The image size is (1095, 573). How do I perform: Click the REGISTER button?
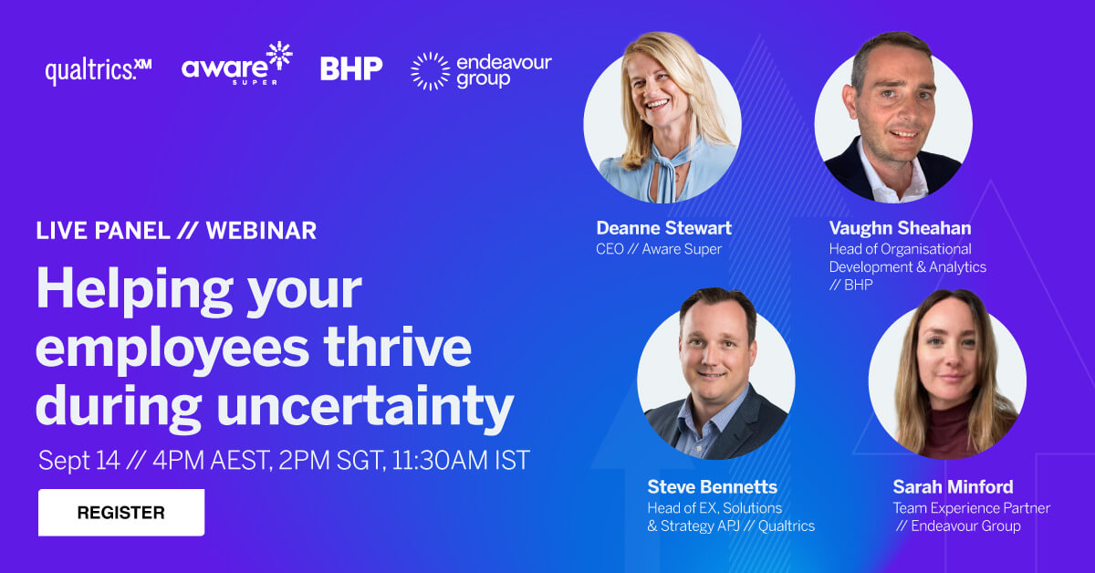(x=120, y=513)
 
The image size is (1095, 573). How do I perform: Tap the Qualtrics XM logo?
(x=98, y=70)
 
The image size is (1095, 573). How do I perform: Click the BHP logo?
(x=351, y=68)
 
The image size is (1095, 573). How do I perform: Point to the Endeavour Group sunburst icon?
(x=430, y=71)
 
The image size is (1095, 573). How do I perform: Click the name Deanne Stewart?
(x=663, y=228)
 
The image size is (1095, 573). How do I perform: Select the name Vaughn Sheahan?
(x=900, y=228)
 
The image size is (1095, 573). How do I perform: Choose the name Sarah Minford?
(x=953, y=486)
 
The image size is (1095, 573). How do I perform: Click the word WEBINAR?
(x=261, y=231)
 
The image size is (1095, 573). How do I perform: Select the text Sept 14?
(x=78, y=460)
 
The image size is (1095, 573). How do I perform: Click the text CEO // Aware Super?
(x=659, y=249)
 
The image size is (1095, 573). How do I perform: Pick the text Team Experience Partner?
(x=971, y=508)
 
